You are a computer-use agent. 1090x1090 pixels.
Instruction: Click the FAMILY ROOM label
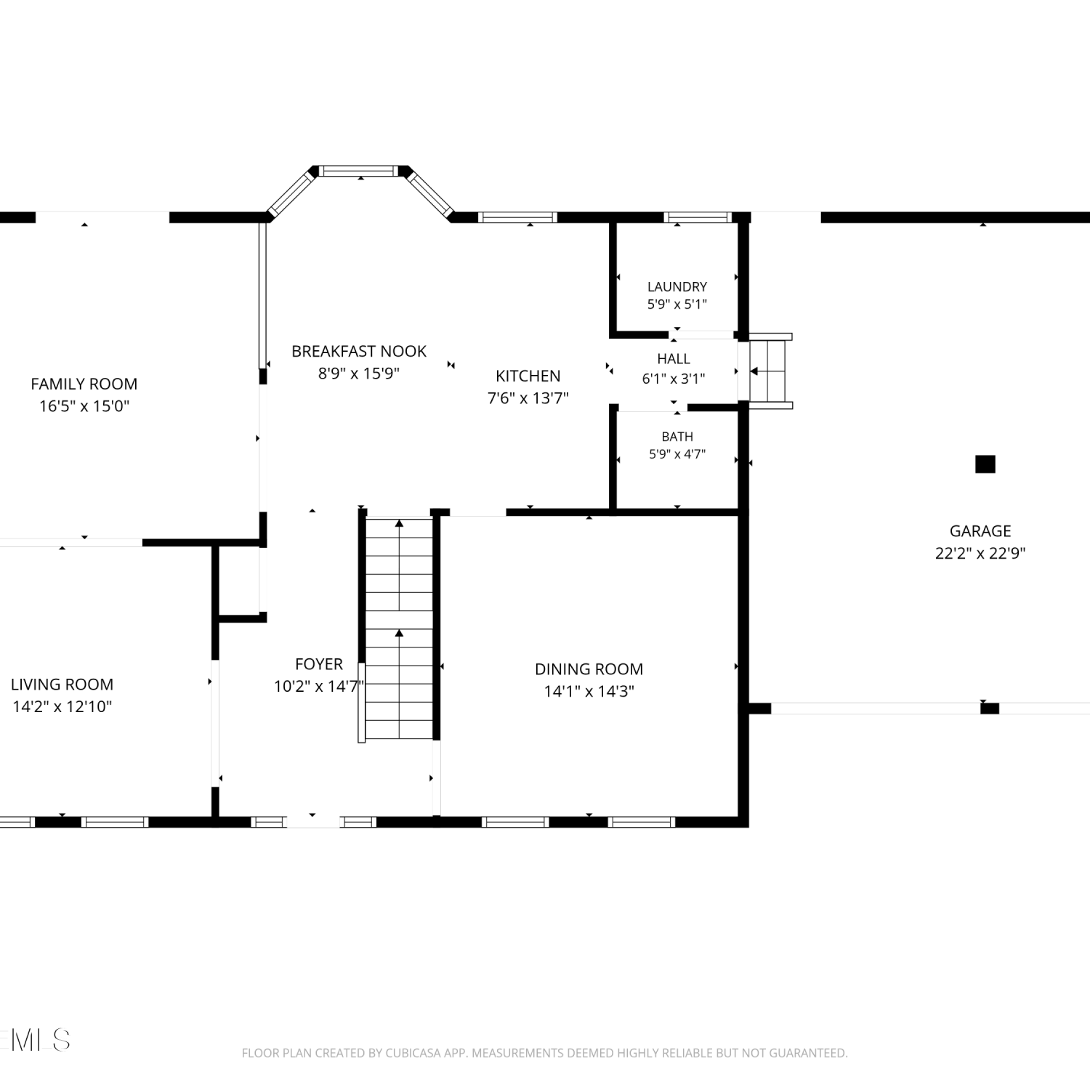(x=84, y=384)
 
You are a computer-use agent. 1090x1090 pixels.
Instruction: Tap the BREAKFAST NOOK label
(x=359, y=351)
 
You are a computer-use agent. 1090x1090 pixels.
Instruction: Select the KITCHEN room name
(x=528, y=376)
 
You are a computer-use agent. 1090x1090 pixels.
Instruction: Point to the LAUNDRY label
(x=677, y=286)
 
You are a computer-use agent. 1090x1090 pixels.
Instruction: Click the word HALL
(x=674, y=358)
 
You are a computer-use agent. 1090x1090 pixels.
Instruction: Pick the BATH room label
(x=677, y=436)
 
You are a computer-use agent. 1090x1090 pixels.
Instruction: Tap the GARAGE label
(x=980, y=530)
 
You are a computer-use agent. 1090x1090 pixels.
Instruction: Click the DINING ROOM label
(x=589, y=669)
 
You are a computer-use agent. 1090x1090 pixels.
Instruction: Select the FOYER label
(x=319, y=663)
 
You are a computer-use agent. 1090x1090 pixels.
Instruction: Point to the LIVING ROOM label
(x=62, y=684)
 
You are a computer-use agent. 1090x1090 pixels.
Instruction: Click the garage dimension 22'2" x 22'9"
(x=980, y=553)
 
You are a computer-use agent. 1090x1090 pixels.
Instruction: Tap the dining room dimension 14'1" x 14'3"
(x=589, y=691)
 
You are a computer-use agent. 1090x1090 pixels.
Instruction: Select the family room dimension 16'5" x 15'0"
(x=84, y=406)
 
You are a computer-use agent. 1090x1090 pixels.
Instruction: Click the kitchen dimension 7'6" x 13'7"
(x=528, y=398)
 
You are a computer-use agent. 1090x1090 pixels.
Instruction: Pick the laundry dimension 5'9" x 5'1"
(x=677, y=304)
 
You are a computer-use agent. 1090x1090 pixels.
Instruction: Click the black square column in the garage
(x=985, y=464)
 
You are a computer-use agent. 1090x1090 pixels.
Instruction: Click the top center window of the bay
(x=360, y=171)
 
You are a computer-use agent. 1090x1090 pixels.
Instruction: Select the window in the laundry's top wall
(x=698, y=217)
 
